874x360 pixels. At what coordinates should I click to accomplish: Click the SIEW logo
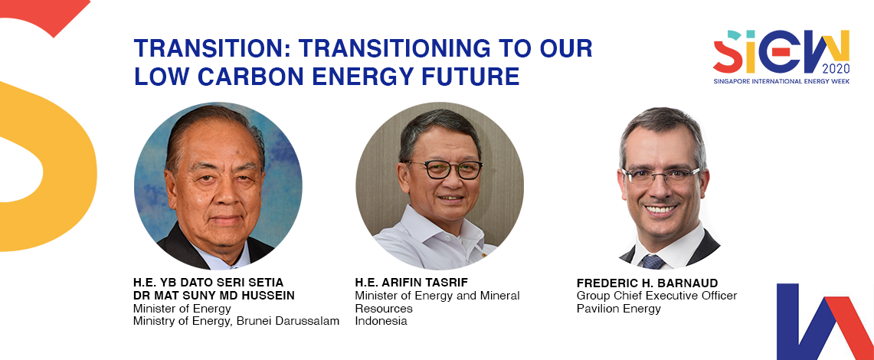[x=781, y=51]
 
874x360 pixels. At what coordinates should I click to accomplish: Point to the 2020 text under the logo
[x=836, y=69]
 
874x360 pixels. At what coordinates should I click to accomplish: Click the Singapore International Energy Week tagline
[x=781, y=81]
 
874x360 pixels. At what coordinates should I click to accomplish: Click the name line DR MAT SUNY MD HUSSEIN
[x=214, y=296]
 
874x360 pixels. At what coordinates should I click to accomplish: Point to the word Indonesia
[x=381, y=321]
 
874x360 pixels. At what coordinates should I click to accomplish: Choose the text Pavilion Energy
[x=619, y=309]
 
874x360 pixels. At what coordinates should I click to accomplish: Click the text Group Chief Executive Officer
[x=656, y=296]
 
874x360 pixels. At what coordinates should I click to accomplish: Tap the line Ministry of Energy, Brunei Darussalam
[x=236, y=321]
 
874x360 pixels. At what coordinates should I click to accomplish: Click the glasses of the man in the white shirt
[x=445, y=169]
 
